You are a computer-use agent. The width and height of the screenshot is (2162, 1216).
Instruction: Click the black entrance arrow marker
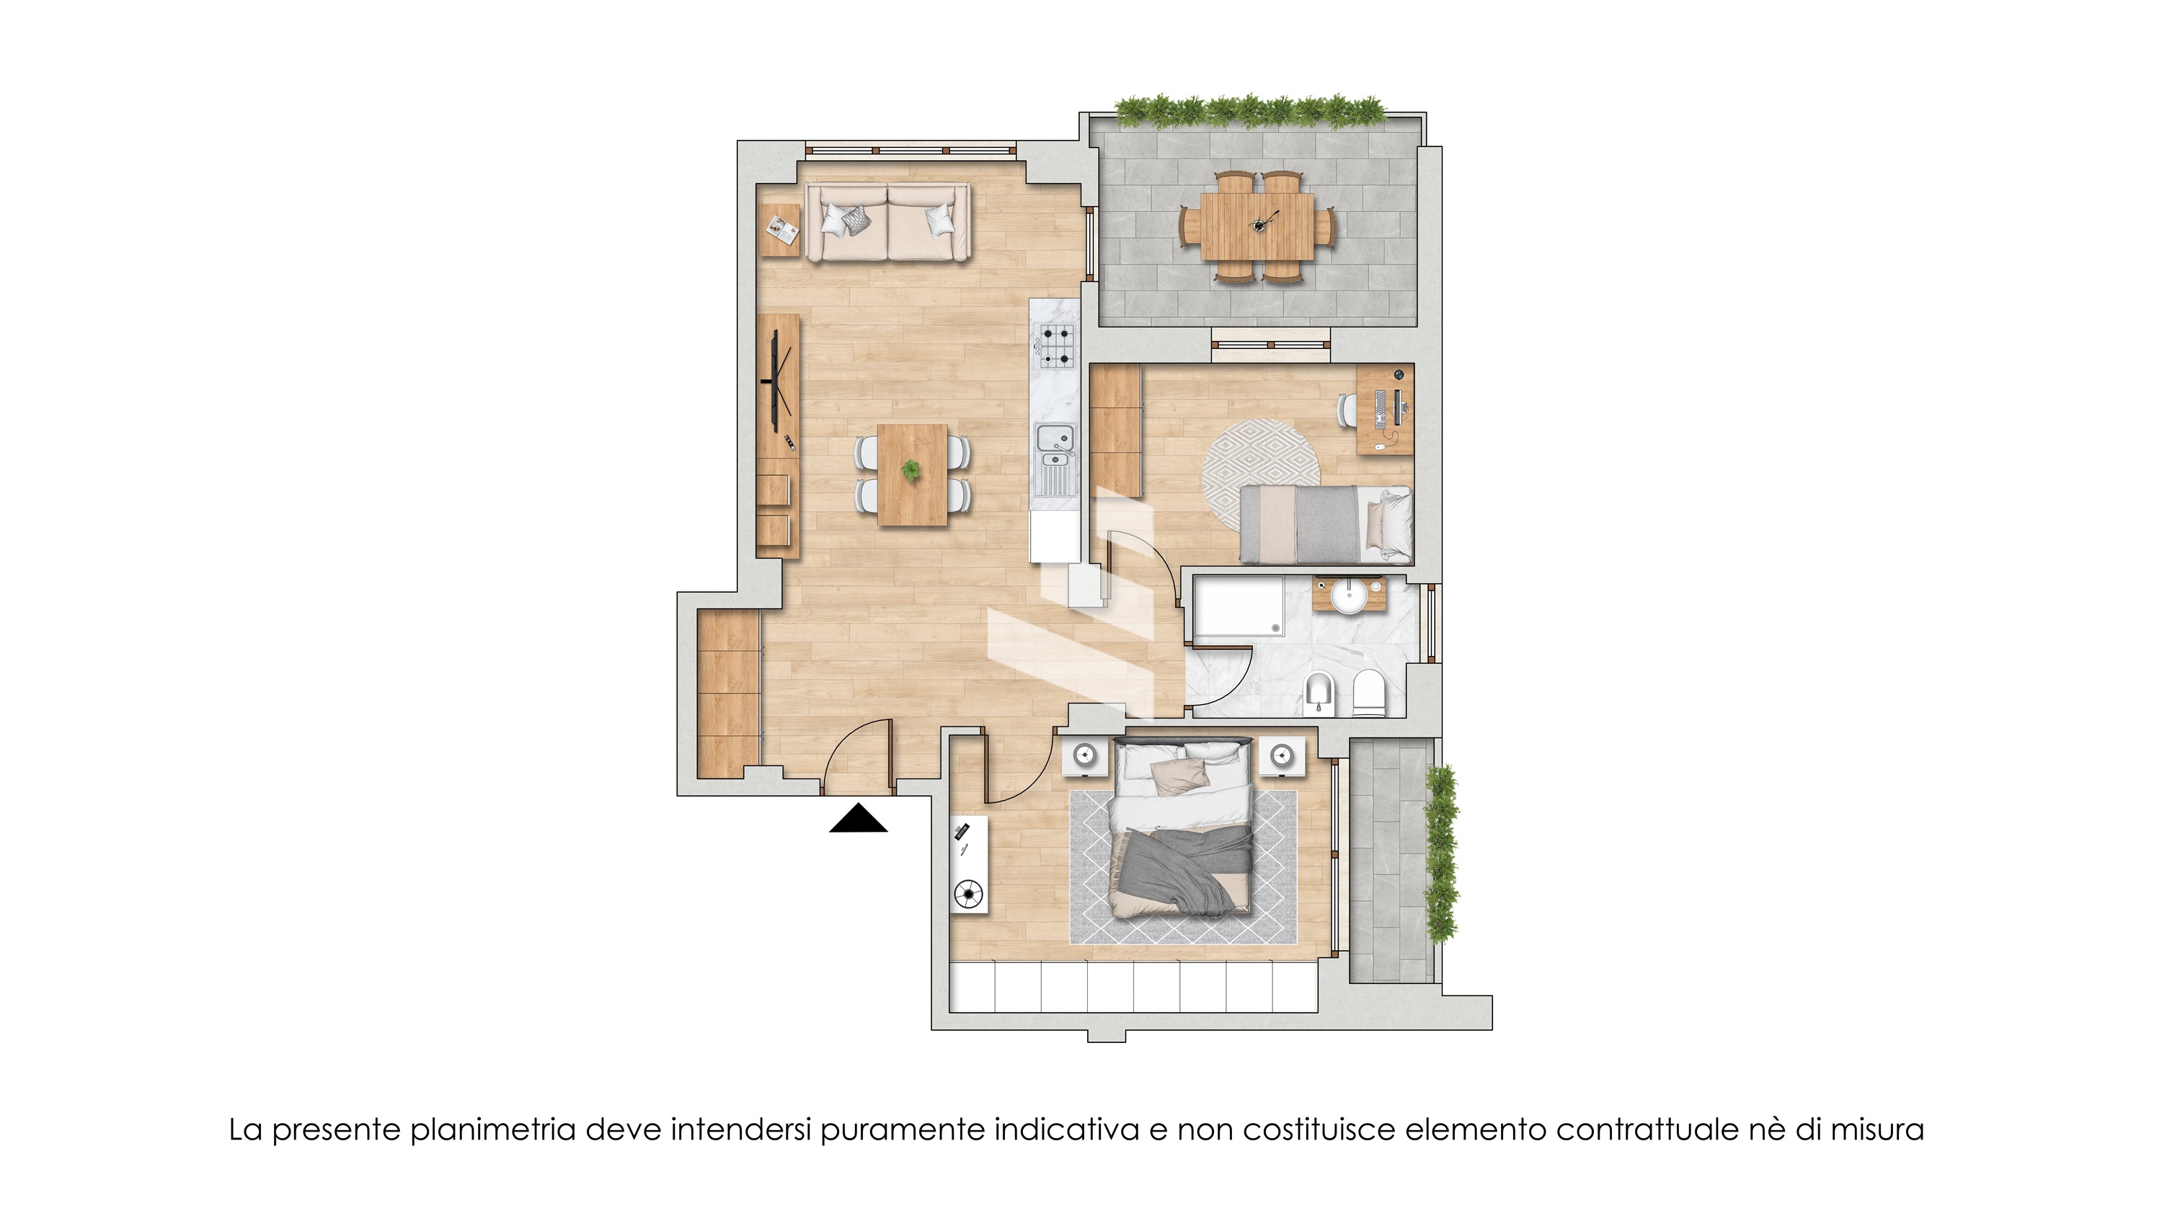point(858,819)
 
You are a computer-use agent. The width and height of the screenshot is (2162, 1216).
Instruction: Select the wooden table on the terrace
point(1257,226)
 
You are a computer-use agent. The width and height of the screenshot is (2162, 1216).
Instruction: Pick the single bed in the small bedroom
point(1326,525)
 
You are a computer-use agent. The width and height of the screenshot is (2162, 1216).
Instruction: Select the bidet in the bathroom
point(1319,693)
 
